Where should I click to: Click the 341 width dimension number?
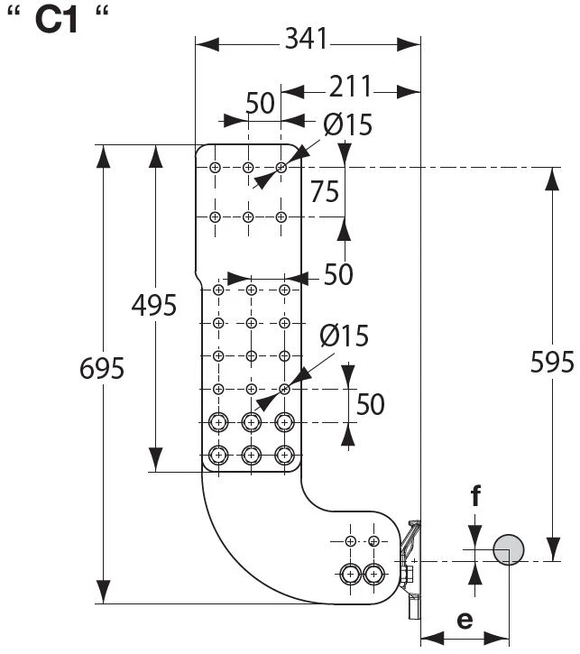pyautogui.click(x=306, y=39)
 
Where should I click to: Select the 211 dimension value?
pyautogui.click(x=350, y=87)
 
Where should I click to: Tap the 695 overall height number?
pyautogui.click(x=102, y=368)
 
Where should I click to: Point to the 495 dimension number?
pyautogui.click(x=154, y=305)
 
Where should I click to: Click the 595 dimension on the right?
pyautogui.click(x=552, y=362)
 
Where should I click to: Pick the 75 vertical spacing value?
pyautogui.click(x=325, y=192)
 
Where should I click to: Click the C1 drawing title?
pyautogui.click(x=57, y=20)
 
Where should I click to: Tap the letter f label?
pyautogui.click(x=475, y=495)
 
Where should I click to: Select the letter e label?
pyautogui.click(x=465, y=620)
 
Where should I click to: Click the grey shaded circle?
pyautogui.click(x=508, y=549)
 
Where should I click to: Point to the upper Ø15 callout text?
pyautogui.click(x=347, y=124)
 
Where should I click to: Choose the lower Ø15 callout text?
pyautogui.click(x=345, y=336)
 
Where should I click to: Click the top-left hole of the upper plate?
pyautogui.click(x=215, y=168)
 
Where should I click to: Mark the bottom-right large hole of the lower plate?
pyautogui.click(x=284, y=455)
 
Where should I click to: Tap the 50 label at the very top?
pyautogui.click(x=260, y=103)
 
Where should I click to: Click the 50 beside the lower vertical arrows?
pyautogui.click(x=370, y=404)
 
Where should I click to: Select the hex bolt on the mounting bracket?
pyautogui.click(x=406, y=575)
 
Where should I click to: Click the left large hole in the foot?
pyautogui.click(x=350, y=575)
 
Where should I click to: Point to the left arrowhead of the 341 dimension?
pyautogui.click(x=207, y=44)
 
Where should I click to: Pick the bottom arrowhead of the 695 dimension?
pyautogui.click(x=103, y=592)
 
